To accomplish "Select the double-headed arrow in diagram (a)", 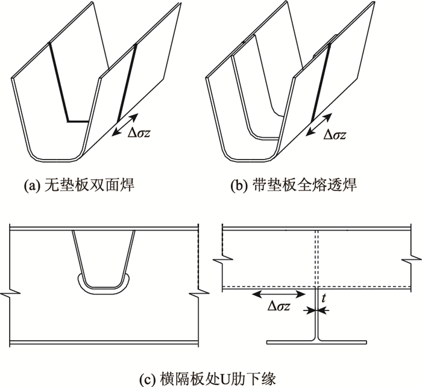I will coord(127,125).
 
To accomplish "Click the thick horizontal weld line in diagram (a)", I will coord(78,120).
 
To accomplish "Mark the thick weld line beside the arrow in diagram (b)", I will coord(321,84).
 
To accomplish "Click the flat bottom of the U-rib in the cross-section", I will coord(103,286).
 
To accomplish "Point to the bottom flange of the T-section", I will coord(317,342).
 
